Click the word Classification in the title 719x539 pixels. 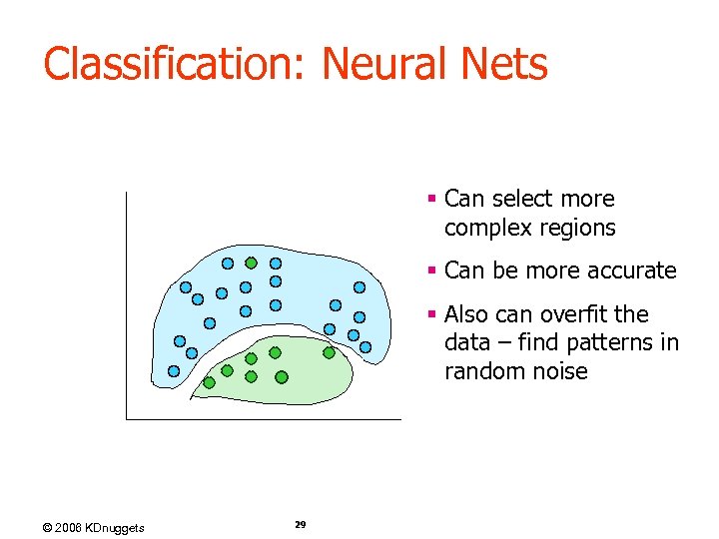click(176, 65)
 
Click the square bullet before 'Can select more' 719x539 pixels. click(431, 200)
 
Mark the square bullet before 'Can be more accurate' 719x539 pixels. click(431, 270)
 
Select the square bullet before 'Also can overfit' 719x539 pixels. click(431, 314)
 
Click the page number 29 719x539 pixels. click(301, 524)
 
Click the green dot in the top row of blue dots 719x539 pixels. click(252, 264)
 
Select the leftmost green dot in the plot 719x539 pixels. click(209, 382)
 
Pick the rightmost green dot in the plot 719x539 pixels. click(329, 352)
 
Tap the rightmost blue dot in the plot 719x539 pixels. click(365, 347)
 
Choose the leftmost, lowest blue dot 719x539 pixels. click(174, 371)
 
